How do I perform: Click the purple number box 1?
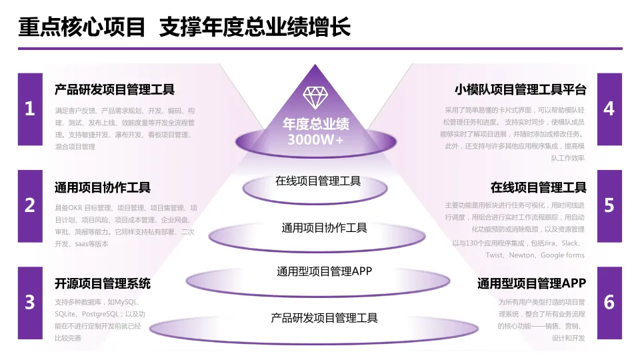point(29,109)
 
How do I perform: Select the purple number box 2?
point(29,206)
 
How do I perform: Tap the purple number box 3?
point(29,303)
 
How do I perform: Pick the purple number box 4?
point(609,109)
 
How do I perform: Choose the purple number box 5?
point(609,206)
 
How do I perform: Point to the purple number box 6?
point(609,303)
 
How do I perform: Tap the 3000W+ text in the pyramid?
point(315,141)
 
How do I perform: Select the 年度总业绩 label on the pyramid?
point(315,125)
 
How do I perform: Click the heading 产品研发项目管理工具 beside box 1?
point(114,90)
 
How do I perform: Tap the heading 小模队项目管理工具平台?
point(520,90)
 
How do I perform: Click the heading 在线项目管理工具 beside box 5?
point(538,187)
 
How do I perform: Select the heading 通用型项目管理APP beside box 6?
point(531,283)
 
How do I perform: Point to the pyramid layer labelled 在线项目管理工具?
point(318,181)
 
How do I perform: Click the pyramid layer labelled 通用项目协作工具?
point(324,228)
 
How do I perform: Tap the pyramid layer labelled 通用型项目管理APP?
point(324,272)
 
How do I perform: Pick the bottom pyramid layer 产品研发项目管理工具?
point(324,318)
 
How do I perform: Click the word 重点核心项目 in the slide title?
point(82,27)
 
